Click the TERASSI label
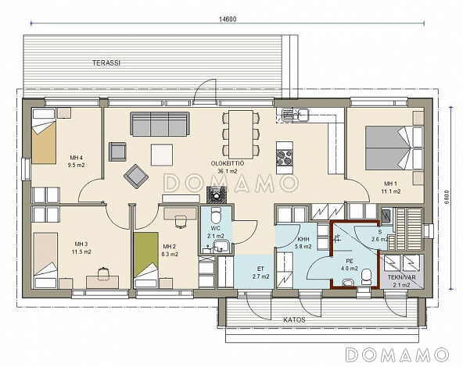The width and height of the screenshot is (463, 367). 106,62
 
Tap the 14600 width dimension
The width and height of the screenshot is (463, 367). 228,20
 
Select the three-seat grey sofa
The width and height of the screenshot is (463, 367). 160,124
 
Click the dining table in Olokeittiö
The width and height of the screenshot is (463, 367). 241,134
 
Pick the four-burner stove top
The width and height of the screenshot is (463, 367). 285,157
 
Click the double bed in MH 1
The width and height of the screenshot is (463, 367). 394,148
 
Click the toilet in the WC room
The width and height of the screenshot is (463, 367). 216,216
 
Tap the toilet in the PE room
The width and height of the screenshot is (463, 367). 366,276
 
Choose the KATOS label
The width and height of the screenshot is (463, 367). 294,320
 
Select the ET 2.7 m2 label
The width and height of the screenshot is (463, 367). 260,273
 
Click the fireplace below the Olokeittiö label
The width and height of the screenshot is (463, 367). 217,194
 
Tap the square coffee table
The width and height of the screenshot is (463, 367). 162,155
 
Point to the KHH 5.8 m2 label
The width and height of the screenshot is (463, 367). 303,243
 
